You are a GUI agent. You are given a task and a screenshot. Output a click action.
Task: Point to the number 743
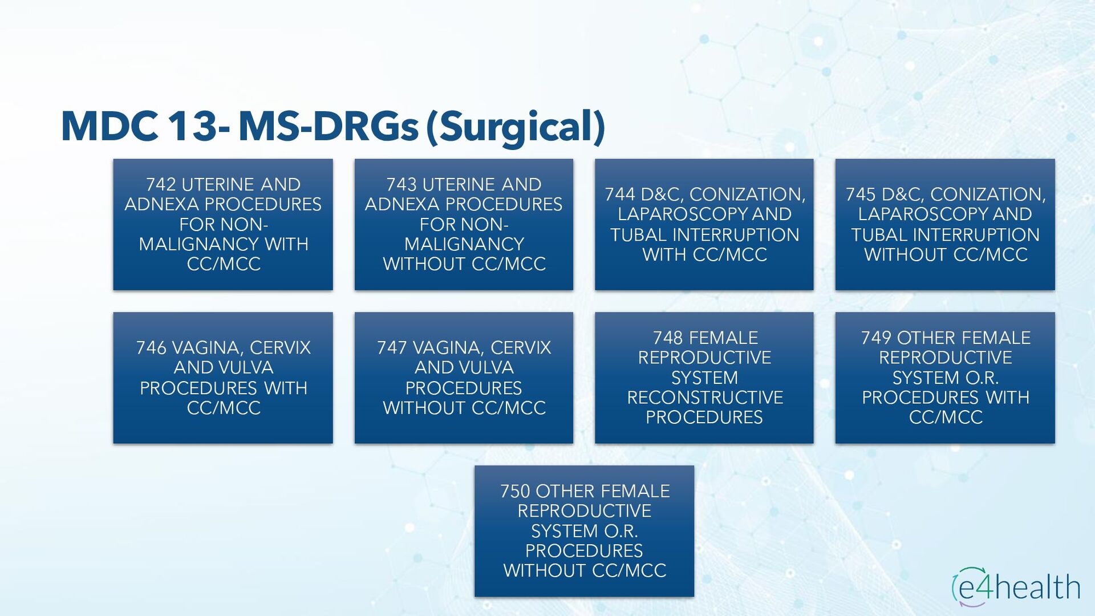tap(401, 185)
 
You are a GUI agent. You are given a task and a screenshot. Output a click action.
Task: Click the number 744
tap(620, 194)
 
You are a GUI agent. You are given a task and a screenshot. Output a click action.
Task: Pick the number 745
tap(861, 194)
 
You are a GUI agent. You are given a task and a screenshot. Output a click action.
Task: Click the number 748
tap(668, 338)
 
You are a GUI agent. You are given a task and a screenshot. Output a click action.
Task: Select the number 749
tap(876, 338)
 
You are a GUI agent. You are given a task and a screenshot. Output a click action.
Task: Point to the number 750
tap(515, 492)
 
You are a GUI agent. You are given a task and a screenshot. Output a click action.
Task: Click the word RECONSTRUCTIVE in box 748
tap(705, 398)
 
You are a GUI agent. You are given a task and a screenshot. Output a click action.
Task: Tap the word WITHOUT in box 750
tap(545, 571)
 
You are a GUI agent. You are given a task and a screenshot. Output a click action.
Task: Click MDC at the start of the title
tap(109, 126)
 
